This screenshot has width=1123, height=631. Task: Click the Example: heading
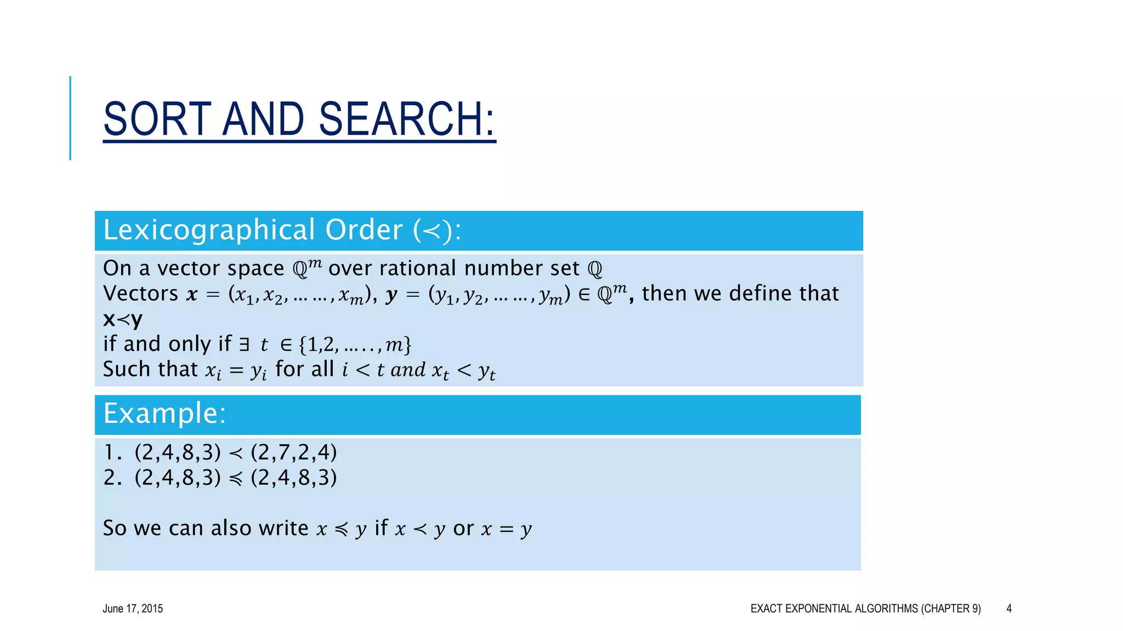165,414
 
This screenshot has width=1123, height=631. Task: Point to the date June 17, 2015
133,609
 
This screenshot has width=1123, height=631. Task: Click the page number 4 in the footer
1008,609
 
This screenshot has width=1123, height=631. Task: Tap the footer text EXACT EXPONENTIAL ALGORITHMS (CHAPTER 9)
865,609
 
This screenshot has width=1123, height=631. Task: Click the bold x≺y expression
123,319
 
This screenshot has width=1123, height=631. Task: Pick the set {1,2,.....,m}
355,345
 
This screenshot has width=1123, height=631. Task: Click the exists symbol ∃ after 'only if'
245,345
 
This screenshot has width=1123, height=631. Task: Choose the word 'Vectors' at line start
140,294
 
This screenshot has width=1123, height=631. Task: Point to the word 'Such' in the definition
123,369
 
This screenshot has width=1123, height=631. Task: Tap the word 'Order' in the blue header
364,230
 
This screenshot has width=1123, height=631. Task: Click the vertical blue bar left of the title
70,118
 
